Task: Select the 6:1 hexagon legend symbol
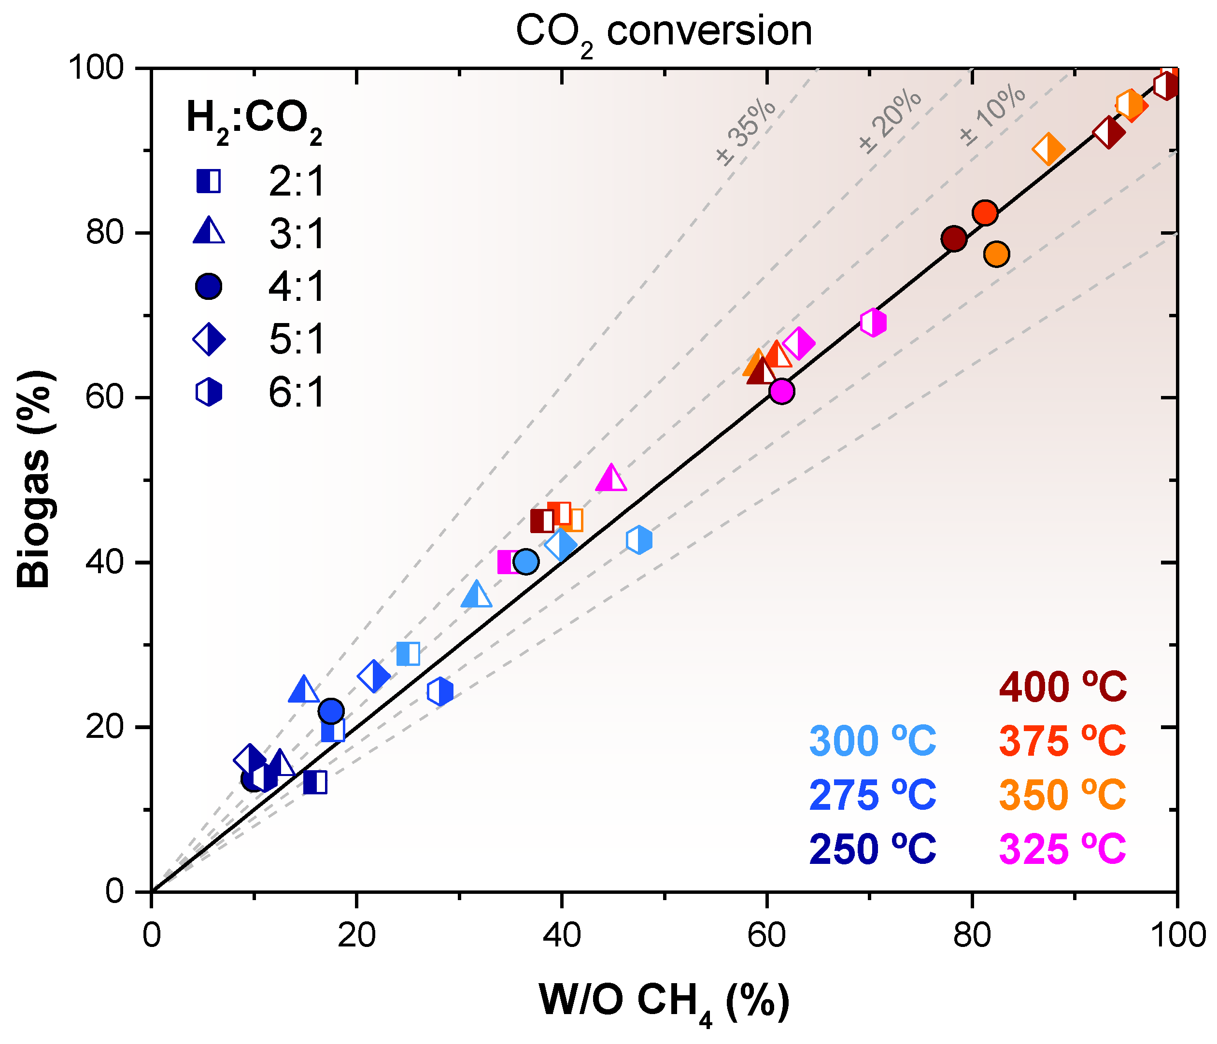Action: [x=209, y=392]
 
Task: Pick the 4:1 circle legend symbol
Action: [x=209, y=286]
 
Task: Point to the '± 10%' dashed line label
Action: [x=992, y=115]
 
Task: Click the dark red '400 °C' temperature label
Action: [x=1063, y=687]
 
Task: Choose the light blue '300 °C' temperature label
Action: [x=873, y=741]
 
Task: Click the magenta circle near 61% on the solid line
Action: [x=781, y=391]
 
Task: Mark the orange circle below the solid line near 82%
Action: [x=997, y=254]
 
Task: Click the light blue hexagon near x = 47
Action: [x=639, y=539]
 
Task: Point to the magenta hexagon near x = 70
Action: [x=873, y=323]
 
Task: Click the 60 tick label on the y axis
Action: [x=105, y=397]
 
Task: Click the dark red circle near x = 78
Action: [x=954, y=239]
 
